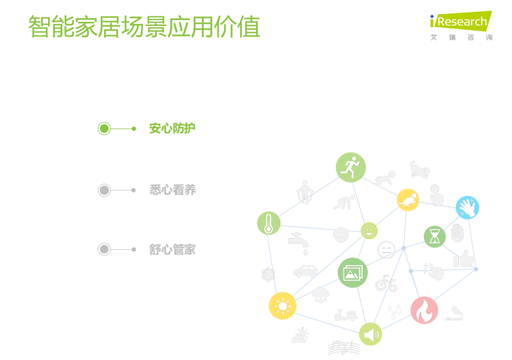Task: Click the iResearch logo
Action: (461, 26)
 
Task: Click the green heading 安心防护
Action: (172, 128)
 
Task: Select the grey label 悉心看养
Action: (173, 189)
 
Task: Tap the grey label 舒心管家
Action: (173, 249)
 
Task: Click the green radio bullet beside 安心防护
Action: (104, 128)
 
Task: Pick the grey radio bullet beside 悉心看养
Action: (104, 190)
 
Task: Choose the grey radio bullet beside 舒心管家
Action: (104, 249)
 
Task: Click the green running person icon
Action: (351, 167)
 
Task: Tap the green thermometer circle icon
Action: (269, 223)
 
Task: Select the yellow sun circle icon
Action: (283, 306)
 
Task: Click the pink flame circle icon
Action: (424, 310)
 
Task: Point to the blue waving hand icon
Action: (467, 207)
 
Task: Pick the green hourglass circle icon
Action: (435, 237)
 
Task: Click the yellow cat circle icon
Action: (408, 200)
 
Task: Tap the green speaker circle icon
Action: (370, 334)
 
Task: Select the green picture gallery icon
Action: (353, 273)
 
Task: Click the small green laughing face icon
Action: (369, 231)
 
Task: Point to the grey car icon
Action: (305, 271)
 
